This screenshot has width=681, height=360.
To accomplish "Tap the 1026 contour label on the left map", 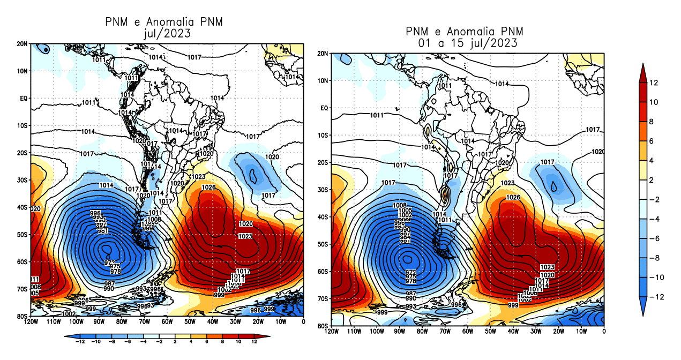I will [x=208, y=187].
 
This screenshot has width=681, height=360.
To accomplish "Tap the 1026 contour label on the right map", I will [x=513, y=198].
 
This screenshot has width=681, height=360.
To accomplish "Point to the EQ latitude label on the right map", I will [x=324, y=108].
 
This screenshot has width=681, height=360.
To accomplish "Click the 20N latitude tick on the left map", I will [x=23, y=43].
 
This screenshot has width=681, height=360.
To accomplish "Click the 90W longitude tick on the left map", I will [x=99, y=321].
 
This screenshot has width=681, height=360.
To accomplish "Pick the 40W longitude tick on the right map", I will [x=513, y=332].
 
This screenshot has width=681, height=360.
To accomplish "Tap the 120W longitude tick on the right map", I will [x=332, y=332].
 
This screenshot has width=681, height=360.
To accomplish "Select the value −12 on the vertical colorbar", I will [x=660, y=296].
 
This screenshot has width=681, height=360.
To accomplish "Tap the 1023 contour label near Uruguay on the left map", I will [x=198, y=177].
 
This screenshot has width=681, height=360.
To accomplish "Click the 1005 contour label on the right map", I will [x=405, y=211].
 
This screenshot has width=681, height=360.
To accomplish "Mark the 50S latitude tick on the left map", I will [x=23, y=234].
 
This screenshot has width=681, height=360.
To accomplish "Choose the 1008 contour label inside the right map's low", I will [x=399, y=205].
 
